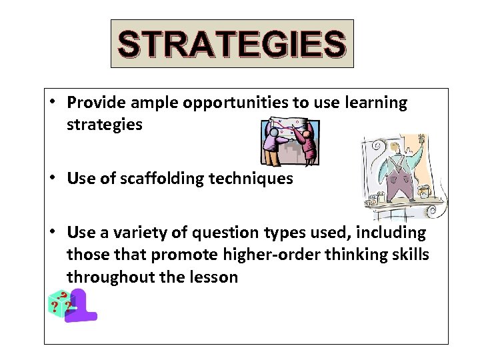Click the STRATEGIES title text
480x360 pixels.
coord(232,43)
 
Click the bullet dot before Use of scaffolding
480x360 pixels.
coord(52,179)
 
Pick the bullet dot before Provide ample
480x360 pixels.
coord(52,103)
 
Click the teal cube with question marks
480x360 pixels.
coord(59,305)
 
